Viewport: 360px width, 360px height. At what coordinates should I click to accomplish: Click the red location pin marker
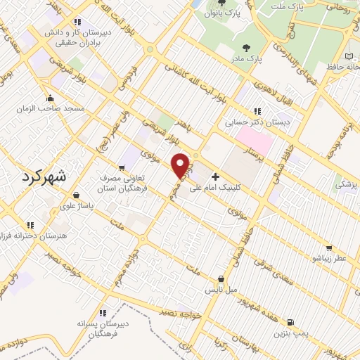[x=181, y=165]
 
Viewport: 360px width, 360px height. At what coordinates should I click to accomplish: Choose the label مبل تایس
[x=221, y=290]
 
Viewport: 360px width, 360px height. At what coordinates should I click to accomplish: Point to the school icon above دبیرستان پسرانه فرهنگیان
[x=103, y=313]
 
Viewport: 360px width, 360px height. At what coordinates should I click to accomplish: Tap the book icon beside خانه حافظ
[x=350, y=56]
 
